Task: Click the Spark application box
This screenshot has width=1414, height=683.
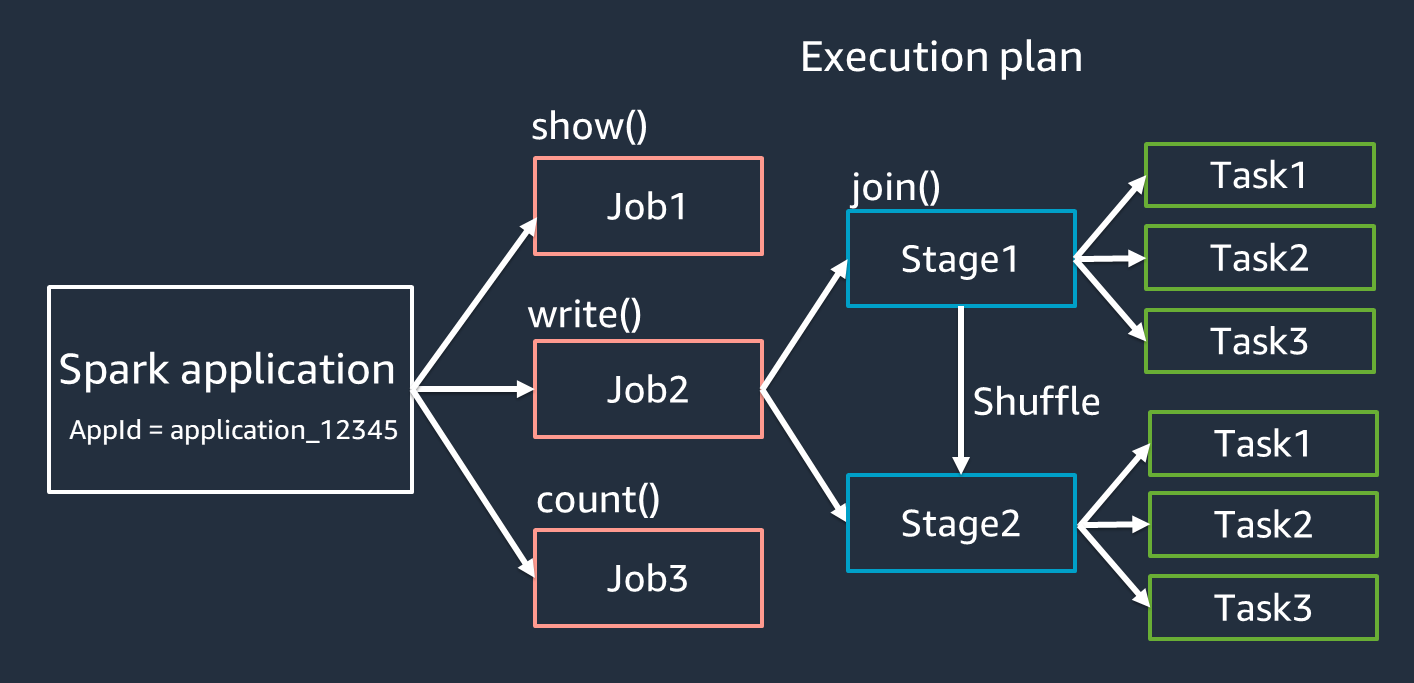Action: pos(230,388)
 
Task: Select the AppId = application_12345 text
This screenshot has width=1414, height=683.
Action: pos(234,431)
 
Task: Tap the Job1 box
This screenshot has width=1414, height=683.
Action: pos(648,205)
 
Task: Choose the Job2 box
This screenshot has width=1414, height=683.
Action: pos(648,389)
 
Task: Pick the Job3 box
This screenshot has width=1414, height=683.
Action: pos(648,578)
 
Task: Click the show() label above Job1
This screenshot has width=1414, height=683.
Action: pos(589,127)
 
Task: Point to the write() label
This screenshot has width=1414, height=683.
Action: pos(584,315)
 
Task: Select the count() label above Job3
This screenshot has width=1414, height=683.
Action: pos(598,499)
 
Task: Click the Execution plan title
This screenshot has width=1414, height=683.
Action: pos(941,57)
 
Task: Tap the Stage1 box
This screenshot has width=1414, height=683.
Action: pos(960,258)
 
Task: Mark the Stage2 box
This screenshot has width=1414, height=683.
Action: pos(961,523)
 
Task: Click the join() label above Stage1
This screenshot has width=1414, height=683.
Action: pos(895,187)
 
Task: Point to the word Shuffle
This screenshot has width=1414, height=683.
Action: pos(1036,401)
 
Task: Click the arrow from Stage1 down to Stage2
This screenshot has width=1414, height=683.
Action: pos(961,390)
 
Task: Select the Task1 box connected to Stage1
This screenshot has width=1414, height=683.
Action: pos(1259,175)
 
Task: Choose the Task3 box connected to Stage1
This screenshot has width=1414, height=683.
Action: pos(1259,341)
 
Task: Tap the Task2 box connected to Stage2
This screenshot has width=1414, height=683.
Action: pos(1263,524)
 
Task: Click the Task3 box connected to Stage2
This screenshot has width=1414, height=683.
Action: pos(1263,607)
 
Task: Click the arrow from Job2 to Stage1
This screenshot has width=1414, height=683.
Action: pos(804,325)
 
